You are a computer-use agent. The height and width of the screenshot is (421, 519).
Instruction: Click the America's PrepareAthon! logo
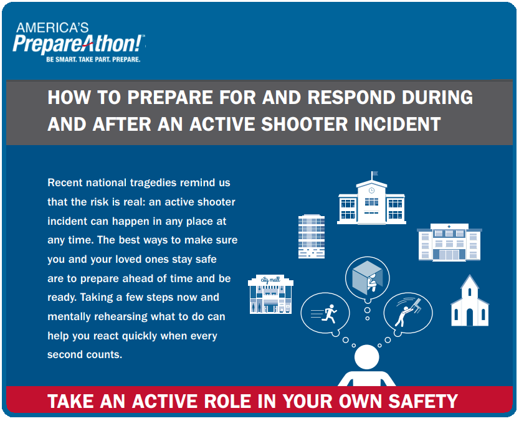point(79,42)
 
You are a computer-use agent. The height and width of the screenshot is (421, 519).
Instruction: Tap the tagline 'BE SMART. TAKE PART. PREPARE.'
point(93,60)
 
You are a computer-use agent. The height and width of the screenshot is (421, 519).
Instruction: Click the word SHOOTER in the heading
point(304,125)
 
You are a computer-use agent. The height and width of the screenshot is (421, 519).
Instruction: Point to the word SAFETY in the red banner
point(423,401)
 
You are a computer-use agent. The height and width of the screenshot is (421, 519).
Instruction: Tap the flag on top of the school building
point(374,173)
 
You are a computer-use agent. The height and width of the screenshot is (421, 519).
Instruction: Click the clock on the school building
point(371,191)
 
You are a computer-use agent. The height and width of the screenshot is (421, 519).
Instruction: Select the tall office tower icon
point(312,236)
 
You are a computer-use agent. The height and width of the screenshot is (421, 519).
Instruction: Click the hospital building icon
point(449,242)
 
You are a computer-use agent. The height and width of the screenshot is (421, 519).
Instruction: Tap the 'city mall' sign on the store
point(270,280)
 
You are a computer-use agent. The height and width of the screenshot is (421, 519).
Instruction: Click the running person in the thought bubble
point(329,314)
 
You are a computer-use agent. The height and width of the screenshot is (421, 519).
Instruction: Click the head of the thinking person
point(367,357)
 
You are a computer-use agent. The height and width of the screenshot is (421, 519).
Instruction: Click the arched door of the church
point(470,317)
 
